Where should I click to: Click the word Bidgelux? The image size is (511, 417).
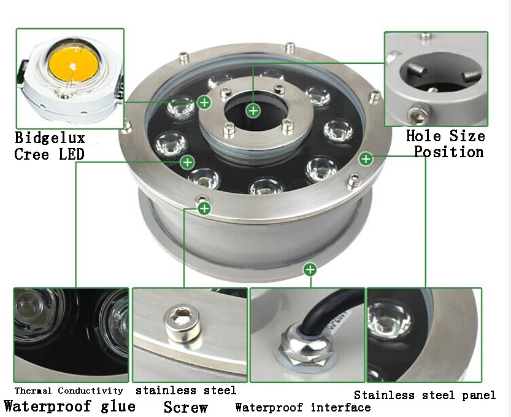(50, 138)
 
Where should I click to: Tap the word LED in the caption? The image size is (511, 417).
(72, 154)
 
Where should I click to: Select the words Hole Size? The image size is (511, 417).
(445, 136)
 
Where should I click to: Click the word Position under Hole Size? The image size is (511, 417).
(449, 152)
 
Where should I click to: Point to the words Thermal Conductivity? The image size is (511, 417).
(69, 391)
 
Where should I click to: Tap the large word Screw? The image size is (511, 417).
(185, 407)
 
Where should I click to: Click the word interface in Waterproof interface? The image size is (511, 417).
(340, 407)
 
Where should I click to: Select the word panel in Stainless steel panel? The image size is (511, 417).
(478, 396)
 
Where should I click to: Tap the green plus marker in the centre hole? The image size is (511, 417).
(253, 111)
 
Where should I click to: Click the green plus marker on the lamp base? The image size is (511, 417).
(310, 270)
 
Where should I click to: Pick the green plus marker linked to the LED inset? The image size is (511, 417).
(204, 103)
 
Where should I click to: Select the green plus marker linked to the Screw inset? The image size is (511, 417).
(204, 208)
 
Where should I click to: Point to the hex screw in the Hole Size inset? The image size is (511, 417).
(418, 114)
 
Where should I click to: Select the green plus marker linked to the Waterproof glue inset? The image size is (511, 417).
(187, 162)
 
